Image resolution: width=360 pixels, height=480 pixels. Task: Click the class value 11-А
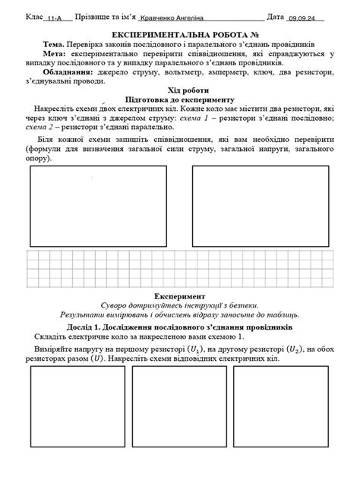pos(55,17)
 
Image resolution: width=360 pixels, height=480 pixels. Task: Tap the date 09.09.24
pos(305,17)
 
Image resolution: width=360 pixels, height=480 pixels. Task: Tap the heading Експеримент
pos(180,295)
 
